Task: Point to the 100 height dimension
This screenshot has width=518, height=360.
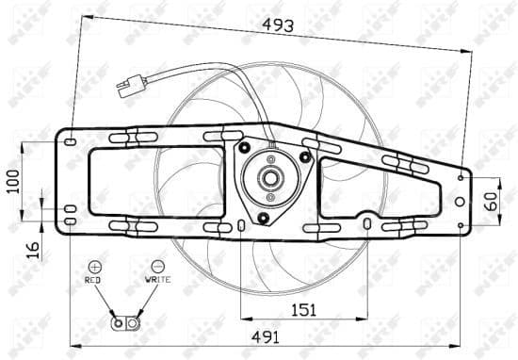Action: pyautogui.click(x=13, y=180)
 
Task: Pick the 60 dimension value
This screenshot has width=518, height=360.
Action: pyautogui.click(x=490, y=201)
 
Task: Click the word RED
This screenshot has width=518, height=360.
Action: pyautogui.click(x=93, y=281)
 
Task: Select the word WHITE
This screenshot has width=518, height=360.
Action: pyautogui.click(x=157, y=281)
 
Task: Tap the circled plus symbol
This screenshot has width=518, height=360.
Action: pyautogui.click(x=94, y=267)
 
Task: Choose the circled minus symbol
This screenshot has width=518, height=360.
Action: pyautogui.click(x=157, y=267)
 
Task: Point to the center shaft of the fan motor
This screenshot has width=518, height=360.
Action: pyautogui.click(x=269, y=178)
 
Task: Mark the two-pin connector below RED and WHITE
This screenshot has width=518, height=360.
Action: pyautogui.click(x=125, y=324)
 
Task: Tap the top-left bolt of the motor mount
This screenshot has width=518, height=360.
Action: pyautogui.click(x=245, y=148)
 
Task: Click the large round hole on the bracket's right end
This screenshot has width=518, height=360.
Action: pyautogui.click(x=459, y=201)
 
